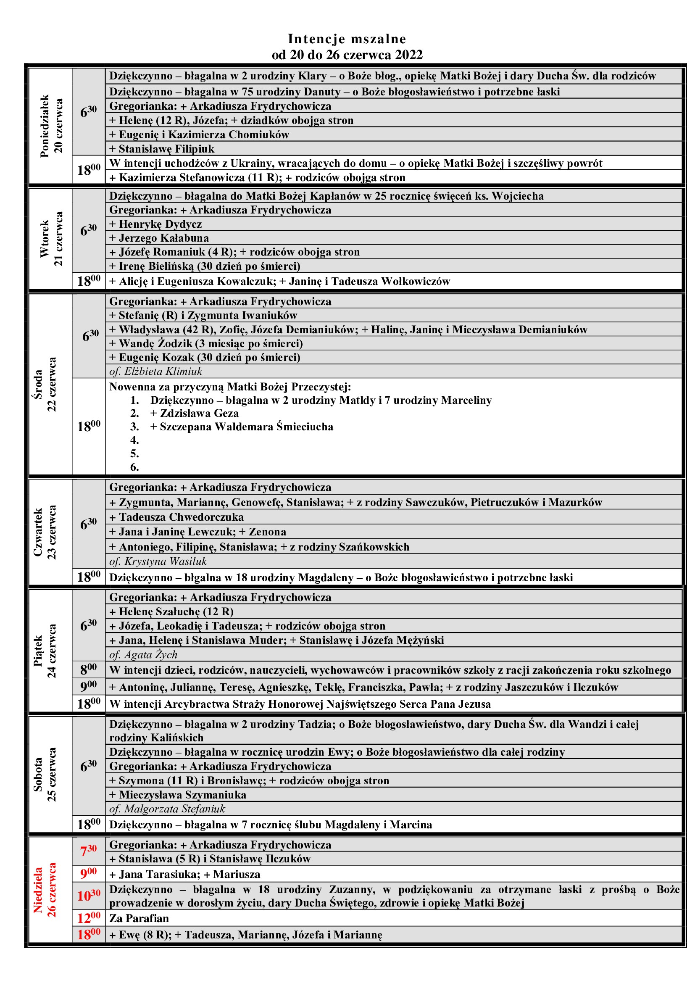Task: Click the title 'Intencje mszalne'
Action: point(347,39)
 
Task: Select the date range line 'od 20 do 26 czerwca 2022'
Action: point(347,55)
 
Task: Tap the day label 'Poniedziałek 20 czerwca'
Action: point(51,126)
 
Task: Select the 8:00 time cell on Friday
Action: point(89,669)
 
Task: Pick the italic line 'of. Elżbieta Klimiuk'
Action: point(156,371)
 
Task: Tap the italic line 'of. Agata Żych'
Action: point(143,655)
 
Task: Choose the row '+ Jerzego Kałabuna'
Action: point(159,237)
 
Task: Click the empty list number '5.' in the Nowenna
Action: point(134,453)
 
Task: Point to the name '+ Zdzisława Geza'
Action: point(194,413)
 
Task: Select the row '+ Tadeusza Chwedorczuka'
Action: point(176,517)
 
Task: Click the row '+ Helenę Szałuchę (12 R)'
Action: point(171,611)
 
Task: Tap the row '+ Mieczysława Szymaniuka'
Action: point(178,795)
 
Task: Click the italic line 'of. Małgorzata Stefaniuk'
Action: point(167,809)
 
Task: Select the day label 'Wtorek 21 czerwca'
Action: point(51,239)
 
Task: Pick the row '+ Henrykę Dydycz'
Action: point(155,224)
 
